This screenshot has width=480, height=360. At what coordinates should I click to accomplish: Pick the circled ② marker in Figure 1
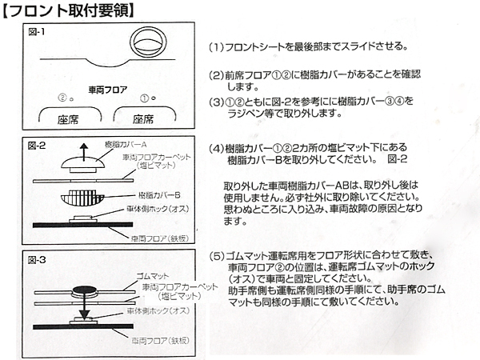[x=62, y=98]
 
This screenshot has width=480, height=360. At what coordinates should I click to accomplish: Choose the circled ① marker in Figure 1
[x=145, y=98]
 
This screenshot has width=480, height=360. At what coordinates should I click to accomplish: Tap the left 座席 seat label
[x=66, y=119]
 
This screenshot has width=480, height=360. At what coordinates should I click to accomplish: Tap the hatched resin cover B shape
[x=79, y=197]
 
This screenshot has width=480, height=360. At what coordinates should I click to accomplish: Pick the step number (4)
[x=216, y=148]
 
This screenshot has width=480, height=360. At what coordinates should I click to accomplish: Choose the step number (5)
[x=216, y=257]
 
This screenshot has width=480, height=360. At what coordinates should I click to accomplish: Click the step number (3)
[x=216, y=102]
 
